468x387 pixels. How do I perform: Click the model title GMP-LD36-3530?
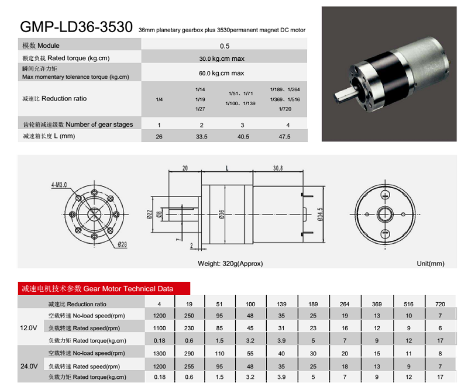point(76,27)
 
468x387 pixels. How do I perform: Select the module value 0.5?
point(225,46)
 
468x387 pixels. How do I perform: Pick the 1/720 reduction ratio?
point(285,109)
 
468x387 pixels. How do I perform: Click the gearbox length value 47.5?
point(284,137)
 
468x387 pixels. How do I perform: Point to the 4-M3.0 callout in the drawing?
point(59,185)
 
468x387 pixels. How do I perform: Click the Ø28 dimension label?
point(122,245)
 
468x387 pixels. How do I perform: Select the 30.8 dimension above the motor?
point(278,168)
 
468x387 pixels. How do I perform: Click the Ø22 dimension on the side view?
point(150,214)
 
